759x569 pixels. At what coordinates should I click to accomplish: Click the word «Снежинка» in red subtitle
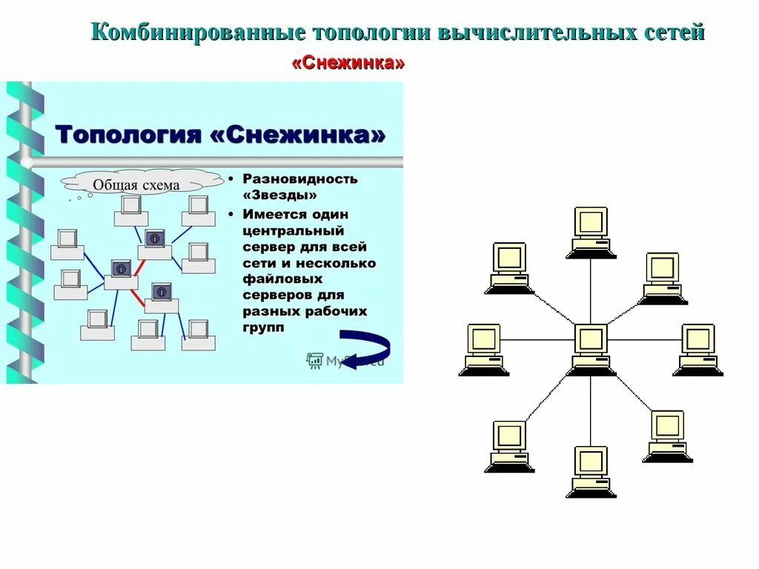coord(348,63)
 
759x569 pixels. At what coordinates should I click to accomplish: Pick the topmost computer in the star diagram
coord(591,230)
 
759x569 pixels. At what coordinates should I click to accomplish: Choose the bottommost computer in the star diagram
coord(591,470)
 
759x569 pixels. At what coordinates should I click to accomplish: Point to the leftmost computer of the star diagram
coord(483,348)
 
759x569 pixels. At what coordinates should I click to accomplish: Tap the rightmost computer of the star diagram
coord(697,348)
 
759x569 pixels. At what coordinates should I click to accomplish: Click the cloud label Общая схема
coord(136,184)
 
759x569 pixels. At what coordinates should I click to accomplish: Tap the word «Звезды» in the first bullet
coord(280,195)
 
